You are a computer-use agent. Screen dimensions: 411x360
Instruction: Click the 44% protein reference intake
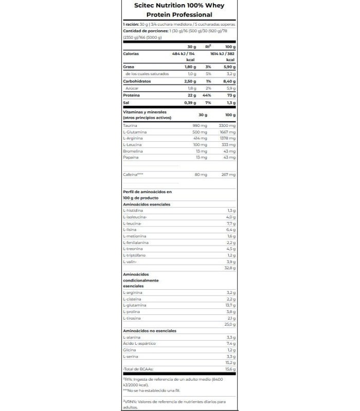[x=208, y=95]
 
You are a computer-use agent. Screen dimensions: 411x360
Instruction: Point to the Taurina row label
[x=130, y=125]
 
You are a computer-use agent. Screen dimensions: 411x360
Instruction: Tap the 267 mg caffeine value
[x=228, y=175]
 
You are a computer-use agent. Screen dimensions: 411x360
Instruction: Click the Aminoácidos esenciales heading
[x=147, y=204]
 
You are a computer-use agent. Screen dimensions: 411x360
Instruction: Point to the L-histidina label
[x=133, y=211]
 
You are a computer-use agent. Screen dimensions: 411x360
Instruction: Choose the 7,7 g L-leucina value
[x=231, y=223]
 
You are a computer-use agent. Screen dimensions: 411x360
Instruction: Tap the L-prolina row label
[x=132, y=311]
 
